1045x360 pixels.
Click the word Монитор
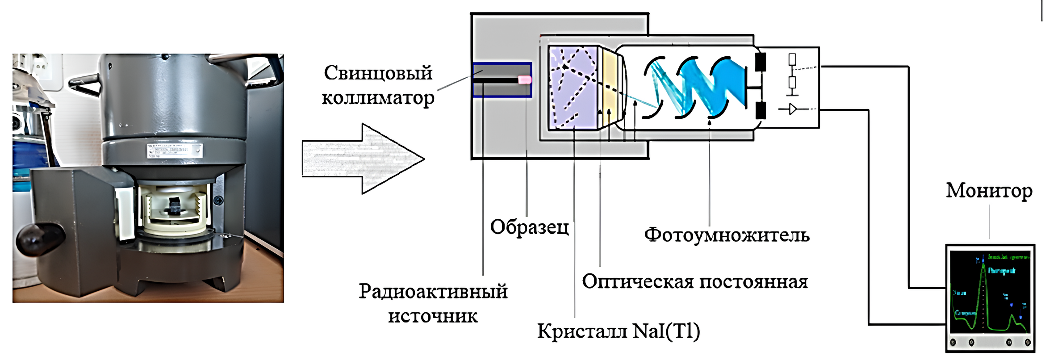pos(989,191)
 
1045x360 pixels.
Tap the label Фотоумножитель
pos(727,235)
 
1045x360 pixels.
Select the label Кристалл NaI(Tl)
pos(619,331)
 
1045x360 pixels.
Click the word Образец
pos(530,227)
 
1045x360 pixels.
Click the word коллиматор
pos(378,98)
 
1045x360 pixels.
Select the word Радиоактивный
pos(433,292)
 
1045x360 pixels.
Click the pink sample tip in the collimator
pos(525,80)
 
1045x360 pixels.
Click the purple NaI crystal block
pos(573,88)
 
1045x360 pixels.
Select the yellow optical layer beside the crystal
pos(608,88)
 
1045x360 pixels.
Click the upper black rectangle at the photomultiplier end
pos(760,63)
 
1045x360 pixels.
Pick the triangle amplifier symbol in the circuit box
pos(793,109)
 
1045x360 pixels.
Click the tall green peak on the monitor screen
pos(983,290)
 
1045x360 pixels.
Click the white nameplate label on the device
pos(175,151)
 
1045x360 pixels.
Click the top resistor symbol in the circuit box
pos(792,59)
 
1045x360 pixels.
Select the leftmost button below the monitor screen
pos(953,343)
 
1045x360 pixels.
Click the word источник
pos(433,316)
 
